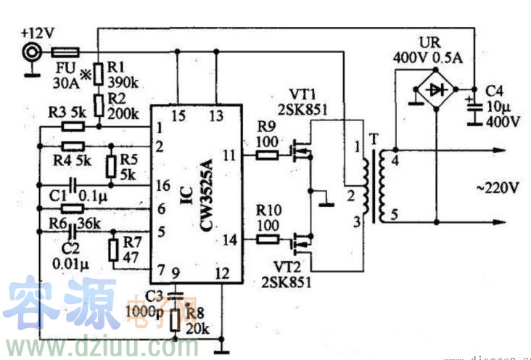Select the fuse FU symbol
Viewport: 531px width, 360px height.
tap(66, 52)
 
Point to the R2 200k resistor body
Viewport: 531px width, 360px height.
tap(97, 101)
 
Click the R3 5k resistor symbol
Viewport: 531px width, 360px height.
tap(74, 126)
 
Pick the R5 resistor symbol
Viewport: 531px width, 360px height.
tap(111, 165)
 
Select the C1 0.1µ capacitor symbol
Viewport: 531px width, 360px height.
tap(73, 186)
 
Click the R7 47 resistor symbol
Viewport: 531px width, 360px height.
tap(113, 250)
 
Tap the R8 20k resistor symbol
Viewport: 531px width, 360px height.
tap(175, 319)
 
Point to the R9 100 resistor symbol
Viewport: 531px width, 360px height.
tap(267, 154)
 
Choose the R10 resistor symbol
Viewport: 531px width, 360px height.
tap(267, 238)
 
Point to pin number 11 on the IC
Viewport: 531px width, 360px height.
tap(229, 154)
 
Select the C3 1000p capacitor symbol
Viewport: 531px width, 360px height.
tap(174, 295)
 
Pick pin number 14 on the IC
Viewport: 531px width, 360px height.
tap(229, 238)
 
